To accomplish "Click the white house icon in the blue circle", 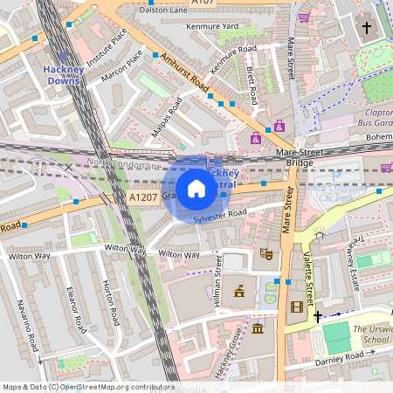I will [196, 189].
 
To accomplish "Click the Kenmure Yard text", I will [212, 27].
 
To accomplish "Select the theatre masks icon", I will [267, 253].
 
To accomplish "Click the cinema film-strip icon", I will [297, 307].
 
